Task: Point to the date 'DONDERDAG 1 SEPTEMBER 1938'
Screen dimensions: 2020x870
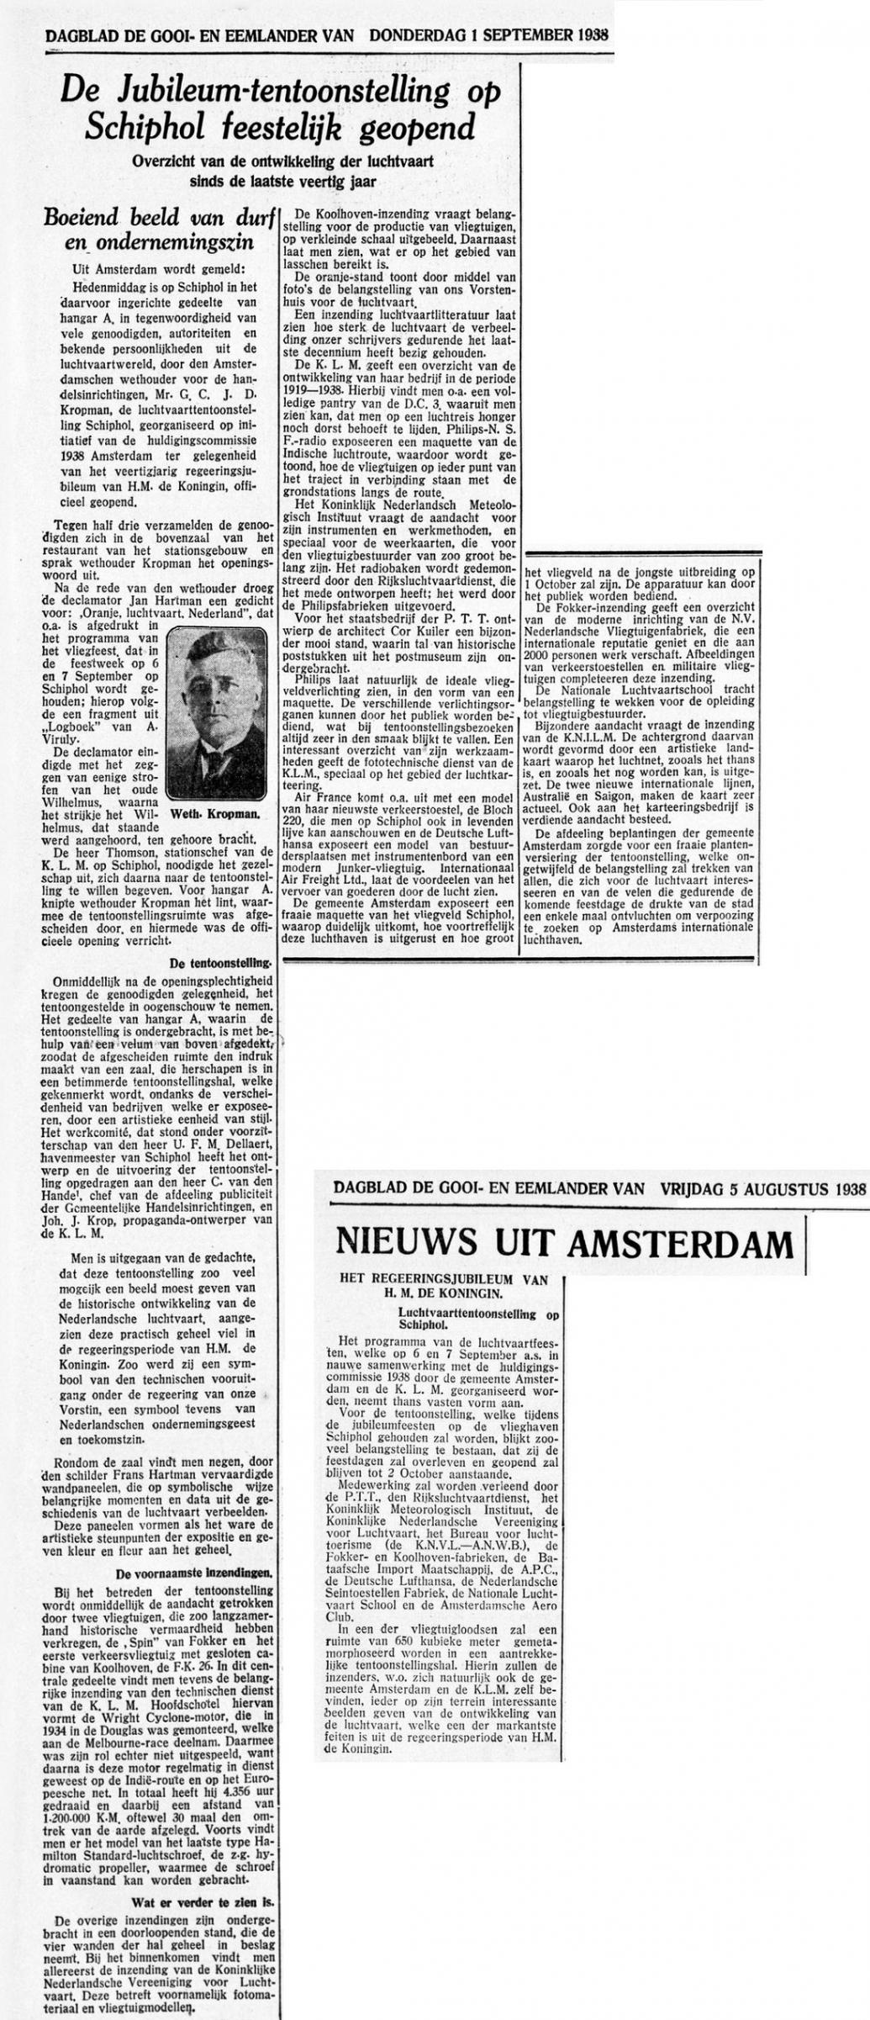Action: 489,36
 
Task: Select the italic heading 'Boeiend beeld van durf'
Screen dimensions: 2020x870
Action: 161,218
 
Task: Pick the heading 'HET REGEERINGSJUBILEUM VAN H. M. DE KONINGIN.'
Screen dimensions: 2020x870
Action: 443,1286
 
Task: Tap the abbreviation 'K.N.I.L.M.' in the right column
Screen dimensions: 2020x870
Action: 572,736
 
